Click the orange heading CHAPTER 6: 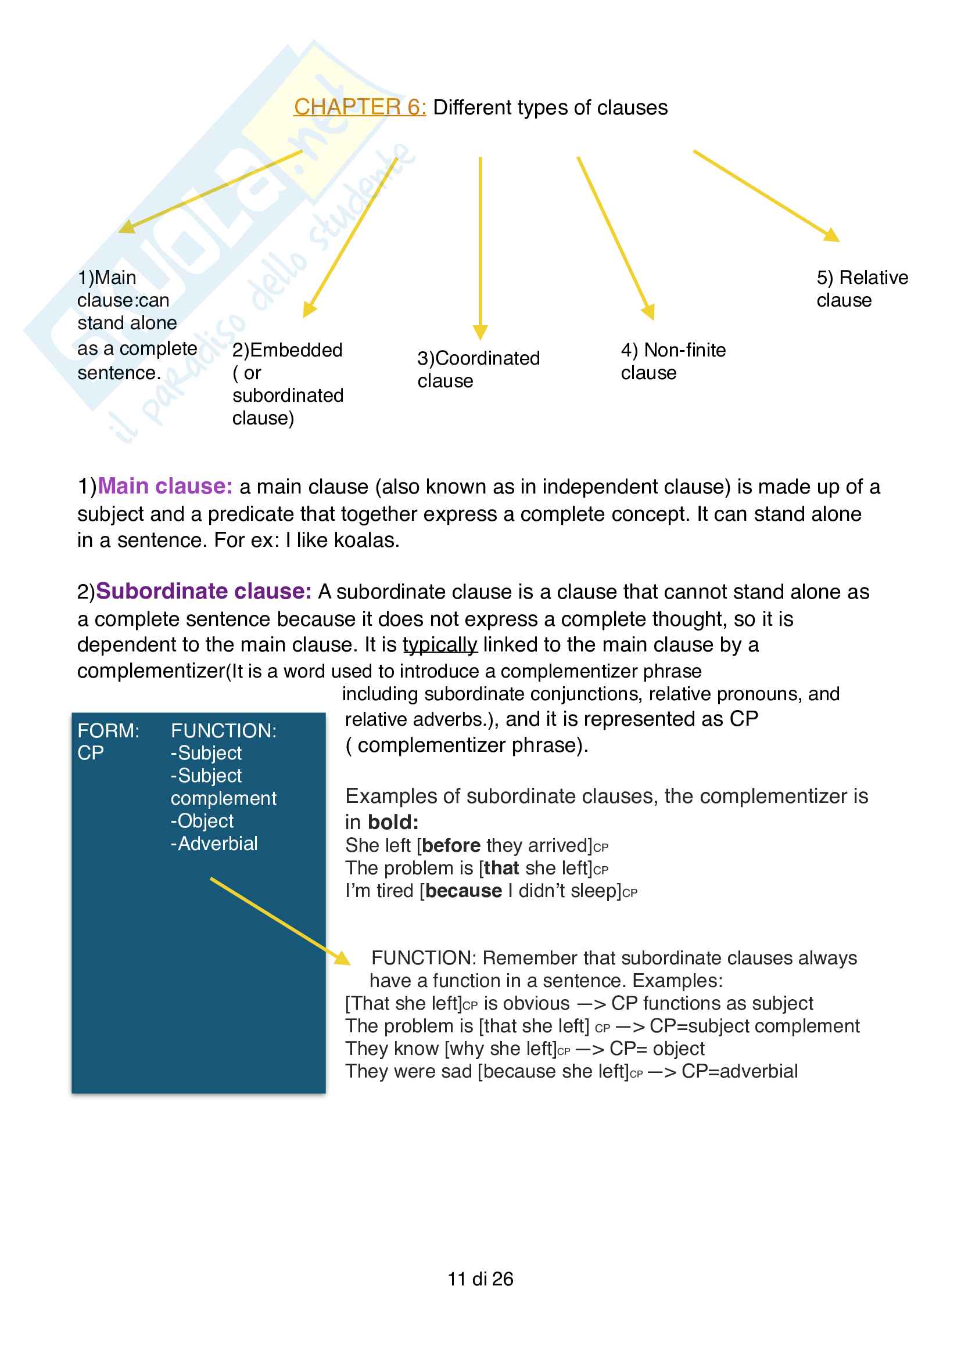click(x=360, y=107)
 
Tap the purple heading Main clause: click(x=165, y=486)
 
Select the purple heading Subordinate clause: click(x=203, y=591)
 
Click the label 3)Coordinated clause click(x=478, y=369)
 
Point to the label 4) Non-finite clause click(x=673, y=361)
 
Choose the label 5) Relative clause click(x=862, y=289)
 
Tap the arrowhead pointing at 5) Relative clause click(x=832, y=235)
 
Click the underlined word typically click(x=440, y=644)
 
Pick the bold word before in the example click(x=451, y=845)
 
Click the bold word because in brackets click(x=463, y=891)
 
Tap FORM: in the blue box click(x=108, y=730)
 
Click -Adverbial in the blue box click(x=214, y=844)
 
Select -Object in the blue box click(x=202, y=821)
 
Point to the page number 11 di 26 click(x=480, y=1278)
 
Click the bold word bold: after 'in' click(x=393, y=822)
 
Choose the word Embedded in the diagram click(x=296, y=350)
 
